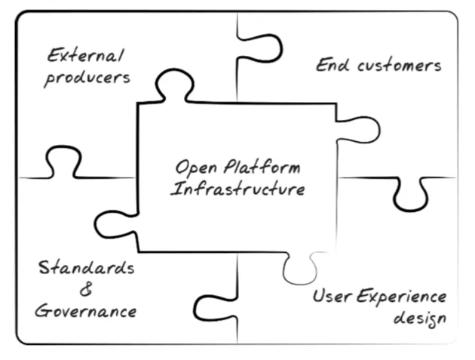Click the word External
click(x=85, y=56)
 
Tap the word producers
click(x=87, y=78)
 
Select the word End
click(x=332, y=65)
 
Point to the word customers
click(x=400, y=66)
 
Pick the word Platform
click(x=262, y=166)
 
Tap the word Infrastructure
click(x=237, y=189)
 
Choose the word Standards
click(x=87, y=267)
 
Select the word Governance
click(x=85, y=310)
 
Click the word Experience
click(x=401, y=297)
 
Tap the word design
click(x=420, y=318)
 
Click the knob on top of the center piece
click(x=174, y=85)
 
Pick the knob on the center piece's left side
click(x=115, y=224)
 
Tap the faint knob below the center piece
click(x=300, y=268)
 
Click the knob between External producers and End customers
click(x=260, y=48)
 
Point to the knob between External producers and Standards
click(x=63, y=162)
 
